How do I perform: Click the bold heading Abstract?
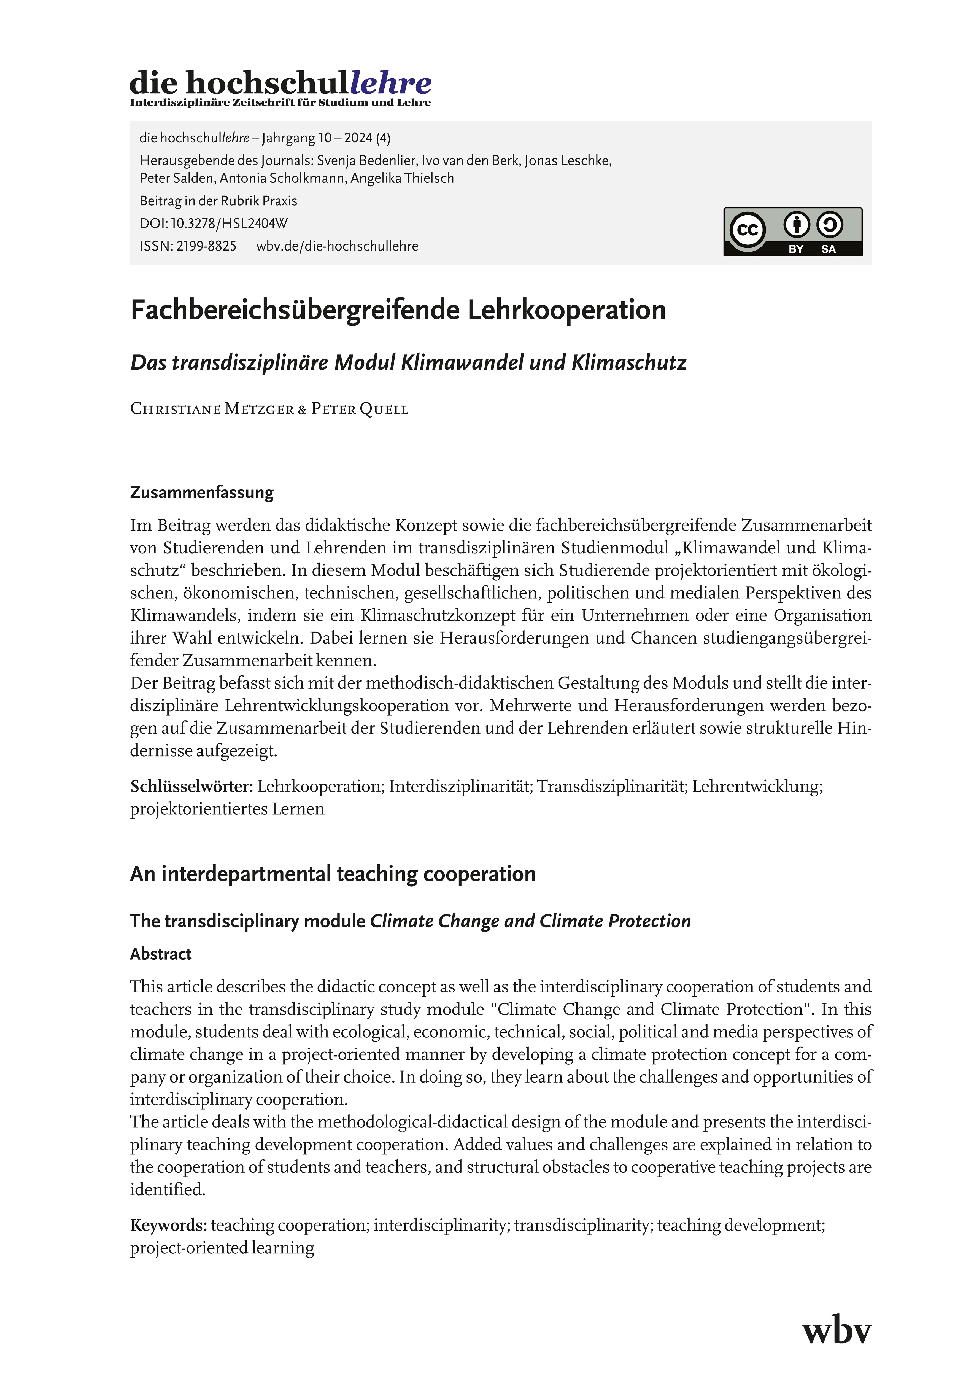pos(161,954)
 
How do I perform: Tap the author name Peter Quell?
pos(360,409)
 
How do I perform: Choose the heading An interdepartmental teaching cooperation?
pos(333,874)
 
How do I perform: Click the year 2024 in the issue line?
pos(358,138)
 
